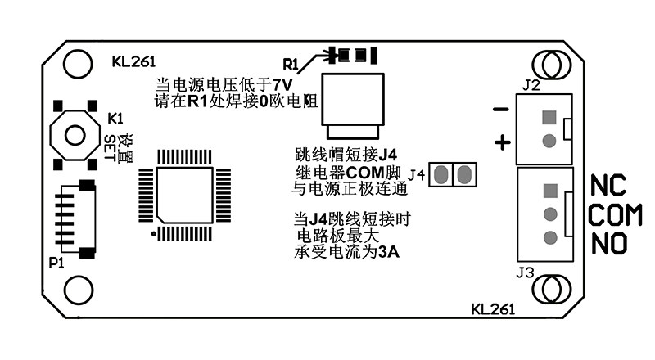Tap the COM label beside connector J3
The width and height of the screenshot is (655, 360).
[x=616, y=215]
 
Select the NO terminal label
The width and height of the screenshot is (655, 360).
[x=610, y=245]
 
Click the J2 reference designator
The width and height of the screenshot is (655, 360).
[x=530, y=84]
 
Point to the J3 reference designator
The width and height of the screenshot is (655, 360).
[x=526, y=272]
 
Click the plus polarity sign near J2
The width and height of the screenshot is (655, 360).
[x=503, y=142]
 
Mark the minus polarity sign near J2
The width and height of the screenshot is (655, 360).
[x=501, y=110]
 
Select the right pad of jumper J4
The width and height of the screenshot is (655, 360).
[x=464, y=173]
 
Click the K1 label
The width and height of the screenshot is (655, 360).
[x=115, y=117]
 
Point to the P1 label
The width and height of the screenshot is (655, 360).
[x=56, y=263]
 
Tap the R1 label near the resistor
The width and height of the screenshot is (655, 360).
[x=291, y=64]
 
